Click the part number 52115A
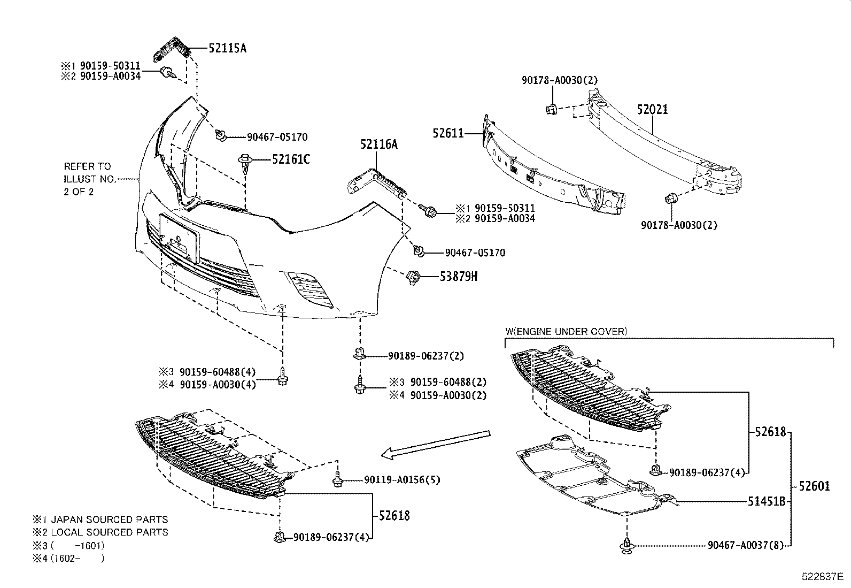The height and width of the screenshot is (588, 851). pyautogui.click(x=228, y=48)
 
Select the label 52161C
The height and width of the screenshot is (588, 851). pyautogui.click(x=291, y=159)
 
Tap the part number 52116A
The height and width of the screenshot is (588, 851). pyautogui.click(x=379, y=144)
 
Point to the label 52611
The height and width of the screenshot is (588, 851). pyautogui.click(x=448, y=133)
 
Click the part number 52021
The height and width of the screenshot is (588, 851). pyautogui.click(x=652, y=110)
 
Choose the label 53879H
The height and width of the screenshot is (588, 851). pyautogui.click(x=459, y=276)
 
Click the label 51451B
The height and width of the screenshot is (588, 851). pyautogui.click(x=767, y=502)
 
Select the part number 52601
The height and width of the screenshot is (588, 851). pyautogui.click(x=815, y=486)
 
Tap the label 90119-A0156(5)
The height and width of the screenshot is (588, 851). pyautogui.click(x=402, y=480)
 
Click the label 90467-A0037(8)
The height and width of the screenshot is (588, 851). pyautogui.click(x=746, y=545)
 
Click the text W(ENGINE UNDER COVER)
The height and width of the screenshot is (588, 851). pyautogui.click(x=567, y=332)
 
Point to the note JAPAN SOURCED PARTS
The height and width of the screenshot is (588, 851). pyautogui.click(x=110, y=520)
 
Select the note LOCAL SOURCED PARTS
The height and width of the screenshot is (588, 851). pyautogui.click(x=110, y=532)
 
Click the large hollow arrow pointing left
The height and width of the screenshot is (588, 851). pyautogui.click(x=435, y=445)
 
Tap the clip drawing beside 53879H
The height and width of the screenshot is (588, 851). pyautogui.click(x=413, y=277)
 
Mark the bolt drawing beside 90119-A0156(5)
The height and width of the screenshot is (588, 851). pyautogui.click(x=337, y=479)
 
